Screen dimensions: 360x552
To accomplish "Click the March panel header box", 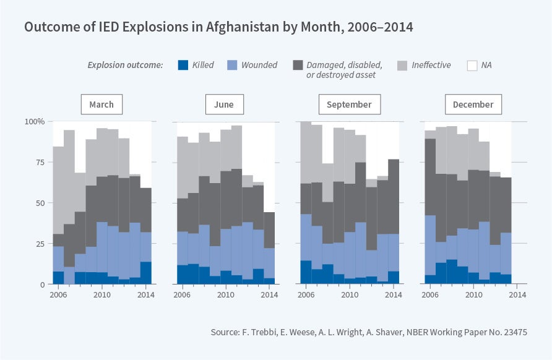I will coord(101,105).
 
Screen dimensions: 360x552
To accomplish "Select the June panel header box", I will coord(224,105).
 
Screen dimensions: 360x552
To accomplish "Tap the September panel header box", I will coord(349,105).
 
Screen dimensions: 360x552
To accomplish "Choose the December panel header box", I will coord(473,105).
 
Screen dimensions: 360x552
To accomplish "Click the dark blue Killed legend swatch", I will coord(183,64).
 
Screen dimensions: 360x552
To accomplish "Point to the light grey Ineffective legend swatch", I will coord(402,64).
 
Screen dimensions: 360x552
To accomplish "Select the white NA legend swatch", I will coord(472,64).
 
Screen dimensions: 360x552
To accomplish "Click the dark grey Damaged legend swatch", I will coord(298,64).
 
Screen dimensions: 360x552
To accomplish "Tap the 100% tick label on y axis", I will coord(35,121).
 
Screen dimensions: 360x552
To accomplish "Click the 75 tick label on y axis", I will coord(39,162).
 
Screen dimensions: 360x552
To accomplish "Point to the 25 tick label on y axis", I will coord(39,244).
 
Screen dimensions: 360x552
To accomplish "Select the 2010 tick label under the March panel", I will coord(102,294).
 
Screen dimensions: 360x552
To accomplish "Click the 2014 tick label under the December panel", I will coord(517,294).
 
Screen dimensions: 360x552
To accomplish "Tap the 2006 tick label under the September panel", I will coord(306,294).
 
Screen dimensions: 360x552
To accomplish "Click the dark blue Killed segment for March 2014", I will coord(145,273).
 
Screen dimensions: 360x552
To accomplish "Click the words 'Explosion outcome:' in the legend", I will coord(125,65).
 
